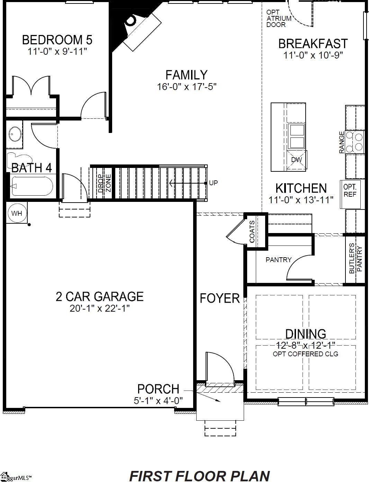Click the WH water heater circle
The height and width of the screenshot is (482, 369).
click(16, 213)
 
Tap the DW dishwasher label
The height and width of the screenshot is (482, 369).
click(297, 160)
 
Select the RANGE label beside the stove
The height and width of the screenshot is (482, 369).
click(342, 142)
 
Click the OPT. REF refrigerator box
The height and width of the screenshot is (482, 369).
click(350, 190)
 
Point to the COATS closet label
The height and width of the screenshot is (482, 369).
click(252, 232)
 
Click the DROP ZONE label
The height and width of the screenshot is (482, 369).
click(104, 183)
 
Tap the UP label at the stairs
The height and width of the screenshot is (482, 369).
click(214, 183)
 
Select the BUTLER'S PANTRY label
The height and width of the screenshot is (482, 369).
click(356, 260)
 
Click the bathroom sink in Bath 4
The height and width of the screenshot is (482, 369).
click(14, 134)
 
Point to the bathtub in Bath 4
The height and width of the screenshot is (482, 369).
click(31, 186)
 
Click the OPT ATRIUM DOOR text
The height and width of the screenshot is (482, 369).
click(276, 18)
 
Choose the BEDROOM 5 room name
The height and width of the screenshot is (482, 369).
click(57, 40)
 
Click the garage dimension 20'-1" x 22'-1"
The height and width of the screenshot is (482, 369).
click(100, 308)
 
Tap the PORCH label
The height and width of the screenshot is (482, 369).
click(158, 389)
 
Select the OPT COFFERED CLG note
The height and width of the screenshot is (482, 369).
click(305, 354)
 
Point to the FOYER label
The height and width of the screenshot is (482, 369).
click(220, 298)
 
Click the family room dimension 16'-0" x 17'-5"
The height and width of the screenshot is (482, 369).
click(187, 87)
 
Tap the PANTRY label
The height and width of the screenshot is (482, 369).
click(278, 259)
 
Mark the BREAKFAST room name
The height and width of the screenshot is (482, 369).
click(313, 44)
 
